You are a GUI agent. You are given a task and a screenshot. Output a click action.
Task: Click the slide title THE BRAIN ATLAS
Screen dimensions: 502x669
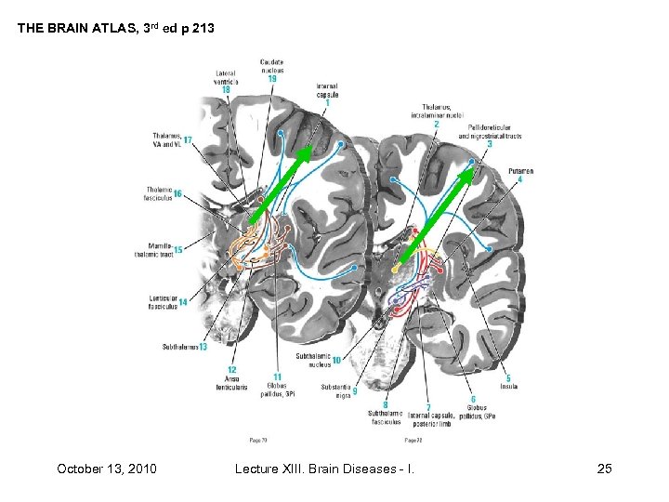[x=115, y=29]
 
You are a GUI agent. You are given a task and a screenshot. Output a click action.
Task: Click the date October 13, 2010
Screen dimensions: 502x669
[x=106, y=468]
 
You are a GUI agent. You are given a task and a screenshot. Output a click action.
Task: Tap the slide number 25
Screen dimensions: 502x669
[x=604, y=468]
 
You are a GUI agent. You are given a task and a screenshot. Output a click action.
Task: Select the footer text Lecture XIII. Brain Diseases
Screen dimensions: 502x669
[x=324, y=468]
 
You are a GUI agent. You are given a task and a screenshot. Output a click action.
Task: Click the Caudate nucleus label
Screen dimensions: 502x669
[x=271, y=66]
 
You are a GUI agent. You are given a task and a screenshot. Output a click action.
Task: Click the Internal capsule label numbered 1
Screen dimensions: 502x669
[x=326, y=92]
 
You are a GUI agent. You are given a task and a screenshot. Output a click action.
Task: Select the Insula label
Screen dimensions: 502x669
[x=508, y=384]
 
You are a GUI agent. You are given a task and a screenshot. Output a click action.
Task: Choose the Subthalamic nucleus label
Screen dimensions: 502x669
[x=313, y=360]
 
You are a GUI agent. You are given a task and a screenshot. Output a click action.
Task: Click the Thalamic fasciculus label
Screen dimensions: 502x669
[x=161, y=193]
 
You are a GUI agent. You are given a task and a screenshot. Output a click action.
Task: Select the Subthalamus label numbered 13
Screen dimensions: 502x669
[x=182, y=347]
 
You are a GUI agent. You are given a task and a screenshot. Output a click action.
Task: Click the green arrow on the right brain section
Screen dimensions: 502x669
[x=440, y=209]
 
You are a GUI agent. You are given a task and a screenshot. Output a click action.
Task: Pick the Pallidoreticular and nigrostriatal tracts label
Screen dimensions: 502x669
[x=490, y=135]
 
